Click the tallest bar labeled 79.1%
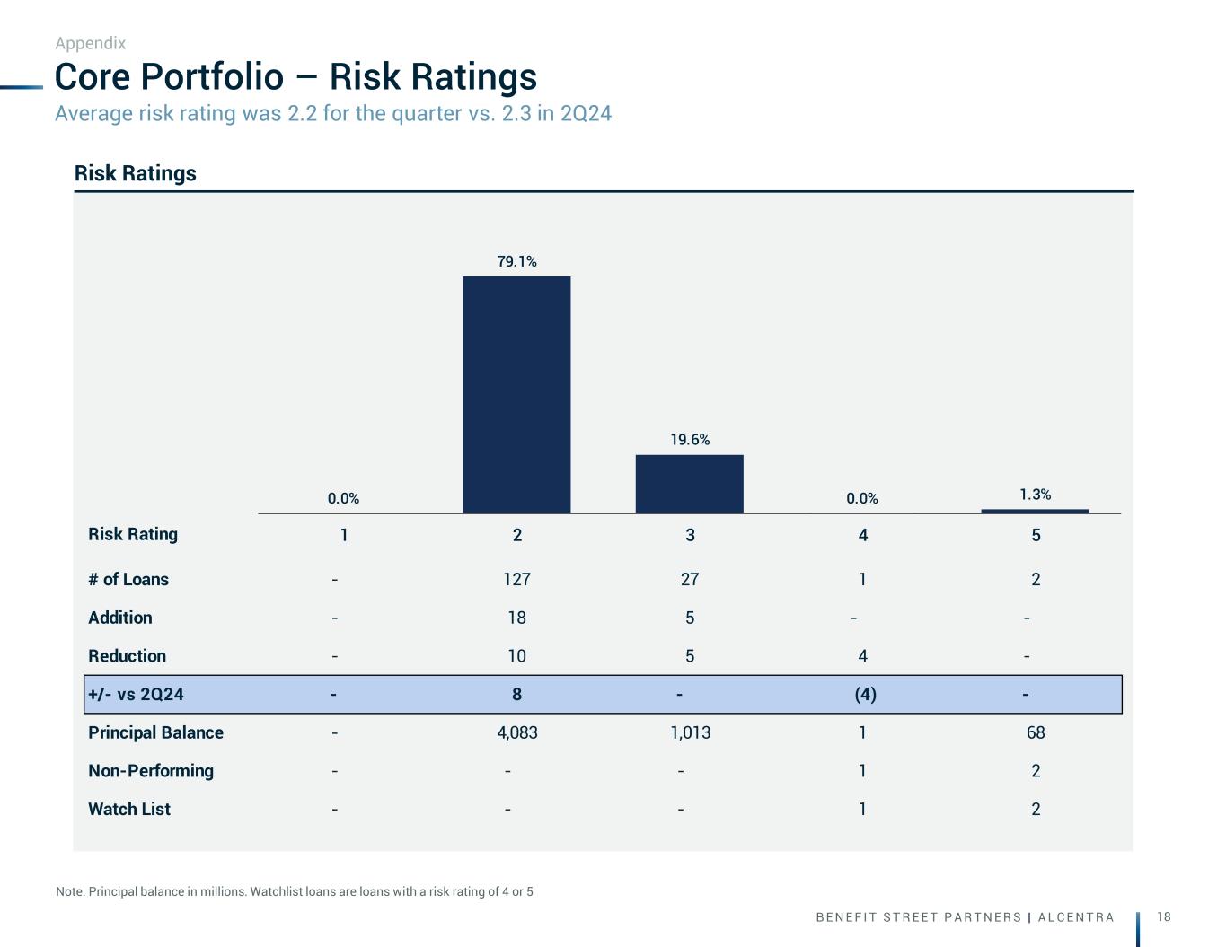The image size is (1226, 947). click(x=516, y=395)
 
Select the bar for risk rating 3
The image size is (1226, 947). click(x=689, y=484)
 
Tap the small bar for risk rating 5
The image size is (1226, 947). click(x=1035, y=511)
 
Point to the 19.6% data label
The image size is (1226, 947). click(x=690, y=440)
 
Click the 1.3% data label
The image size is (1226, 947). click(x=1035, y=495)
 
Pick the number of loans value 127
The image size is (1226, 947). click(x=516, y=580)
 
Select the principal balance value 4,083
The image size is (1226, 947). click(x=516, y=733)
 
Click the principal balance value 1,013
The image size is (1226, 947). click(x=690, y=733)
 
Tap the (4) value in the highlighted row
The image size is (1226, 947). click(x=865, y=695)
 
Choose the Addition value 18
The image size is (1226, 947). click(x=516, y=618)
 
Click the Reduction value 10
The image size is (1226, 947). click(x=516, y=656)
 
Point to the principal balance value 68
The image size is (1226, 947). click(x=1036, y=733)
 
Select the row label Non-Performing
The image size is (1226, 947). click(x=151, y=771)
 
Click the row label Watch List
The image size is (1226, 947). click(x=129, y=810)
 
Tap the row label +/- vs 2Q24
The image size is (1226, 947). click(x=136, y=695)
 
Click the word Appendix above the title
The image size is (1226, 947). click(x=90, y=43)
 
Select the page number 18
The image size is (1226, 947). click(x=1164, y=916)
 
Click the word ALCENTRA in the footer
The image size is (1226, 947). click(x=1076, y=917)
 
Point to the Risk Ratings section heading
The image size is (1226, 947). click(x=136, y=173)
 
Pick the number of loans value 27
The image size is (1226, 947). click(x=690, y=580)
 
